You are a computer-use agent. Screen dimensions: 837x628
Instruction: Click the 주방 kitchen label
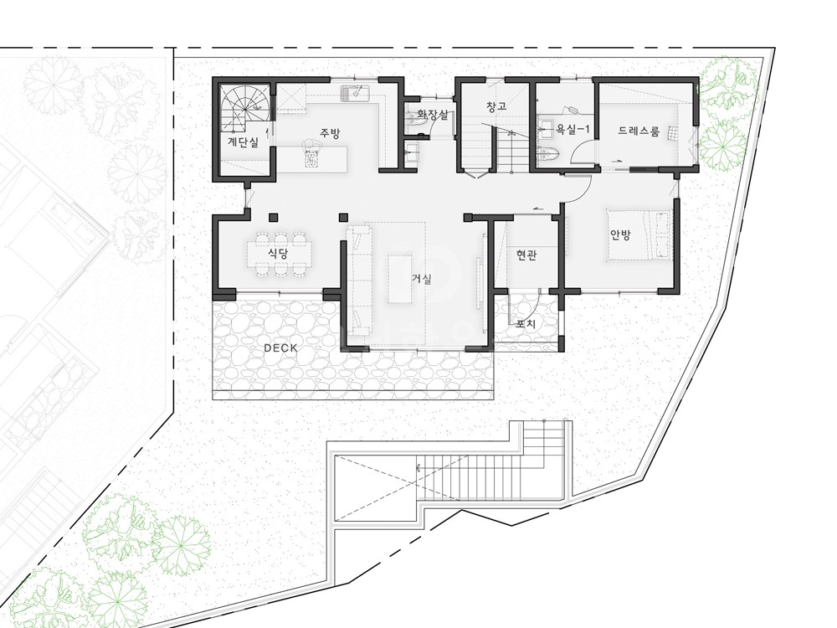pyautogui.click(x=330, y=133)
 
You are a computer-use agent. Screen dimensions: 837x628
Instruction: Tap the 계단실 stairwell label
pyautogui.click(x=243, y=142)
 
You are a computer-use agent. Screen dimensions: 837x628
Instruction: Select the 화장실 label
pyautogui.click(x=432, y=114)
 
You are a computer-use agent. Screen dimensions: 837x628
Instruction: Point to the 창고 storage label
pyautogui.click(x=496, y=106)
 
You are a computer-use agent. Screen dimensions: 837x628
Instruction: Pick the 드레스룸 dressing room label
pyautogui.click(x=639, y=131)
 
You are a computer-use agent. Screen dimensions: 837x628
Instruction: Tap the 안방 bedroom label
pyautogui.click(x=620, y=235)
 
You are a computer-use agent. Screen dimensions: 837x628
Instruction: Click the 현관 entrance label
pyautogui.click(x=526, y=255)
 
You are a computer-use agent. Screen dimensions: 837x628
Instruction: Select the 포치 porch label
pyautogui.click(x=526, y=323)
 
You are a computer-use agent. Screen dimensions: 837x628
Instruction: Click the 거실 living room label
pyautogui.click(x=422, y=279)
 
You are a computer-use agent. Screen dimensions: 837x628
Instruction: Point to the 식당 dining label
pyautogui.click(x=278, y=254)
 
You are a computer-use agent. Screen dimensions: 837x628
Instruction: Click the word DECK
pyautogui.click(x=280, y=348)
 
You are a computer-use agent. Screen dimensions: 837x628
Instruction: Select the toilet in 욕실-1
pyautogui.click(x=549, y=154)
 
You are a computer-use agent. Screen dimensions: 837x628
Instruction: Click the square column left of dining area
pyautogui.click(x=274, y=217)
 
